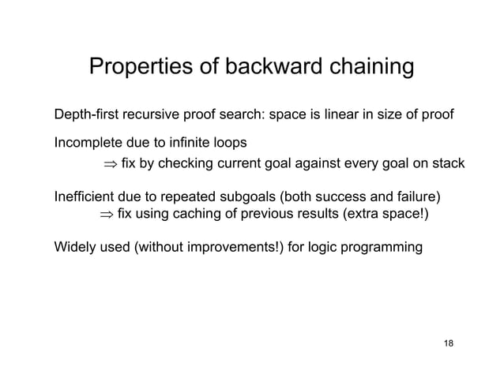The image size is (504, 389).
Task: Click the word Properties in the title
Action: click(x=139, y=69)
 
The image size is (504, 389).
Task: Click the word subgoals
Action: click(x=276, y=196)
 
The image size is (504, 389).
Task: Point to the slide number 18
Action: click(x=449, y=344)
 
